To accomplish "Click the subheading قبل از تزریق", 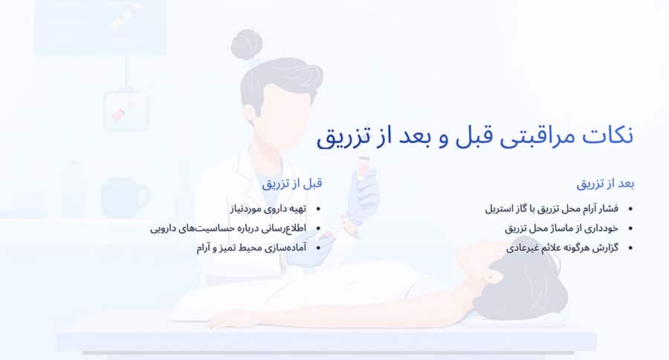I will pos(291,183).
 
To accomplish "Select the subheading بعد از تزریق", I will pos(605,183).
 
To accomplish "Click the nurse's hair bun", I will pos(245,44).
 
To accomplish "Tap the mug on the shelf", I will pos(123,198).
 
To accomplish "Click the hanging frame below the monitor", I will pos(125,109).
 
